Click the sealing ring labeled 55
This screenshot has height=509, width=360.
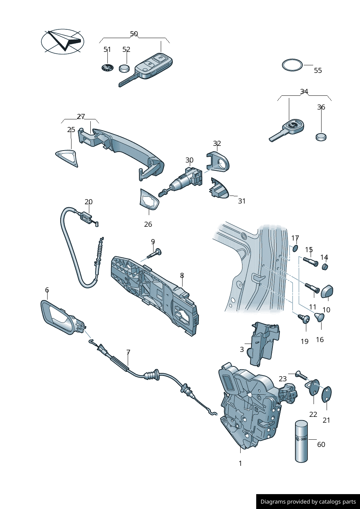(x=292, y=65)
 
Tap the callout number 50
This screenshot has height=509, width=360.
(x=134, y=34)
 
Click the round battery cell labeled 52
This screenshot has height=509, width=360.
(x=124, y=68)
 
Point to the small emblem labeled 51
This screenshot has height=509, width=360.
(x=107, y=67)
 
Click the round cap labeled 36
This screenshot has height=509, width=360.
(x=321, y=137)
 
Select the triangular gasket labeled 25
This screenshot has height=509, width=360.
(x=67, y=158)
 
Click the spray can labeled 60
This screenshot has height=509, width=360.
(x=301, y=441)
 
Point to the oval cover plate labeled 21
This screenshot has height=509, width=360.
(x=327, y=394)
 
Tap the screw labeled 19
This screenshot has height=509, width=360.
(x=304, y=319)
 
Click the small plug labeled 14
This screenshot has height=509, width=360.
(x=325, y=267)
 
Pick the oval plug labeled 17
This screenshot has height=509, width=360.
(x=295, y=248)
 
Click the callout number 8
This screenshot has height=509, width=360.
(x=182, y=276)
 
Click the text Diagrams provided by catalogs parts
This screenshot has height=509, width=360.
(x=308, y=502)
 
